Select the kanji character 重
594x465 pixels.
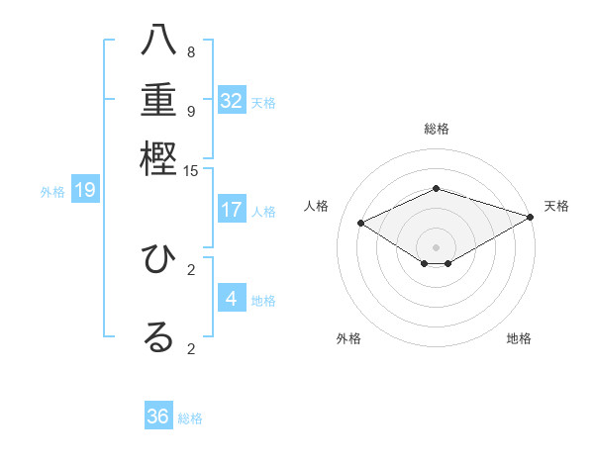158,100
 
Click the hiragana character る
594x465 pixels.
158,336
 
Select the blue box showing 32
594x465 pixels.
232,101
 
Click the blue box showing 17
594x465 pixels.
232,210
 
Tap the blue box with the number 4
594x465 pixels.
232,299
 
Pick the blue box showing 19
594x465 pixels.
85,190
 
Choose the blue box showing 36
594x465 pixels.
158,417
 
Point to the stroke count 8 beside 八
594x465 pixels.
191,52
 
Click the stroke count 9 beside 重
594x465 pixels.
191,111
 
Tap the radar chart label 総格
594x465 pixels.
437,129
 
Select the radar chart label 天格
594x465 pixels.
556,206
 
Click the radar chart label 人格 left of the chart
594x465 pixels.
317,206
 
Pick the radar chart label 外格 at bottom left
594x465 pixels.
348,339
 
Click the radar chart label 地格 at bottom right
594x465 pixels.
519,339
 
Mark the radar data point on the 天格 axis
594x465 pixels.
531,217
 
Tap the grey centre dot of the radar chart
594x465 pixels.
437,246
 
